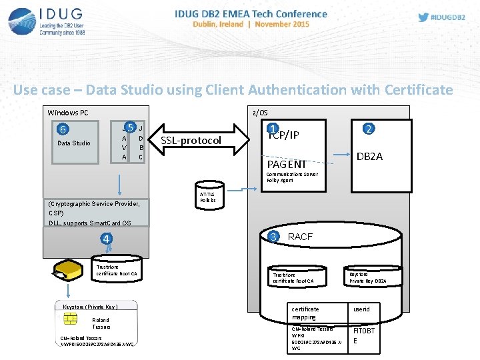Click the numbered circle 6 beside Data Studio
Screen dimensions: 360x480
pyautogui.click(x=61, y=129)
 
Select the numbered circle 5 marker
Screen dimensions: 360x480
pyautogui.click(x=131, y=127)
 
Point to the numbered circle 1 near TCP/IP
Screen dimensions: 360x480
pyautogui.click(x=272, y=129)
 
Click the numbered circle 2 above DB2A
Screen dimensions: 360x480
pyautogui.click(x=367, y=129)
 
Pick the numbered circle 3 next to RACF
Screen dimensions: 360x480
pyautogui.click(x=273, y=236)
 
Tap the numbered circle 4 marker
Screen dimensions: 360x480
pyautogui.click(x=106, y=238)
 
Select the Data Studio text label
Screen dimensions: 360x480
pyautogui.click(x=73, y=143)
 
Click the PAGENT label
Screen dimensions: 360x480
pyautogui.click(x=286, y=164)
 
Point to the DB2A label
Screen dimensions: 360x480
pyautogui.click(x=369, y=156)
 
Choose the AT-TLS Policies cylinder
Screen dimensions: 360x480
pyautogui.click(x=208, y=194)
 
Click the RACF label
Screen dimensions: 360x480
pyautogui.click(x=300, y=237)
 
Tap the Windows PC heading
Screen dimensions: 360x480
pyautogui.click(x=68, y=113)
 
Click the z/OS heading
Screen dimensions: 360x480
pyautogui.click(x=259, y=113)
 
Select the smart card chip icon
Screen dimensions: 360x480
pyautogui.click(x=69, y=320)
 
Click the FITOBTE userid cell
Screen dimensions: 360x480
pyautogui.click(x=364, y=335)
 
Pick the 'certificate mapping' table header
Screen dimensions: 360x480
pyautogui.click(x=306, y=313)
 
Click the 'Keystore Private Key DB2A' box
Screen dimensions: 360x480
pyautogui.click(x=368, y=277)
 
